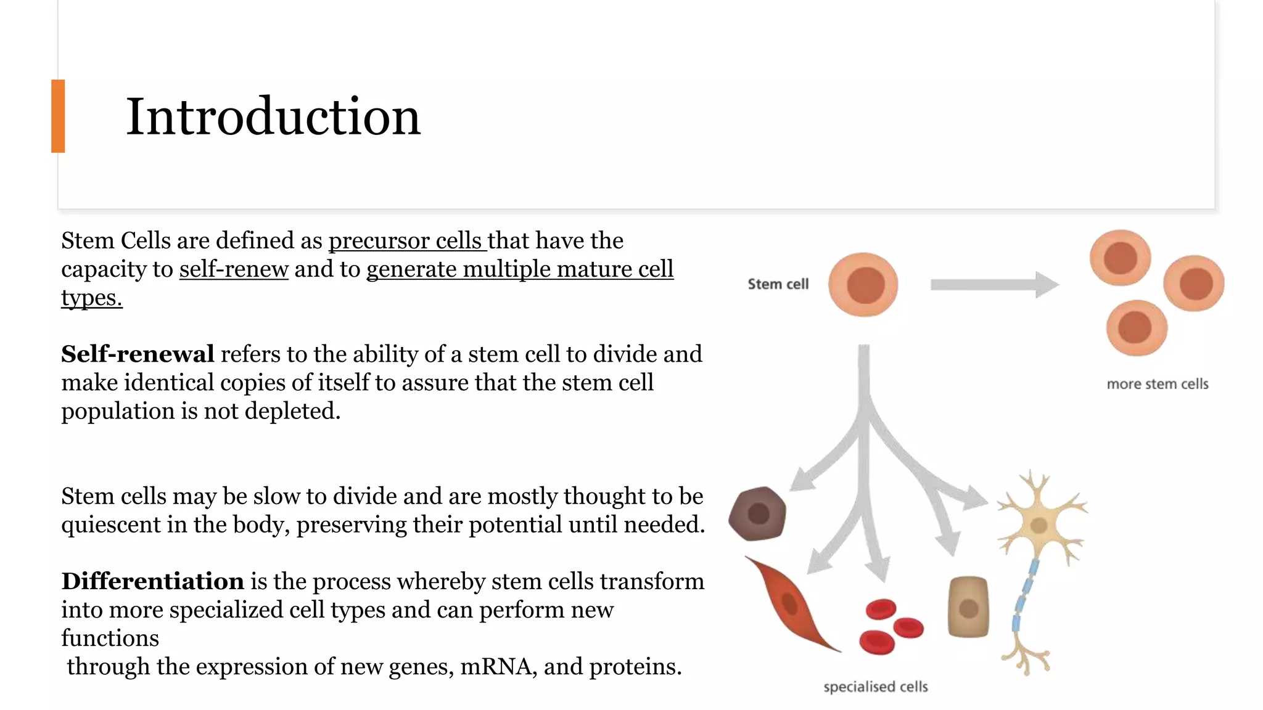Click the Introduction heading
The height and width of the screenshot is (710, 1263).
coord(273,116)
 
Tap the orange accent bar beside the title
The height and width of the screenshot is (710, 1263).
coord(58,116)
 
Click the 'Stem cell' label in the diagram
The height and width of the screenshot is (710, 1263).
coord(778,284)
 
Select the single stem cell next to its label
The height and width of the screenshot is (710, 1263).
coord(863,285)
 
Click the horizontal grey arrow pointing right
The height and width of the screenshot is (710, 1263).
coord(993,284)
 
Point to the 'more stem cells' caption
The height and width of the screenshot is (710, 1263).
coord(1157,384)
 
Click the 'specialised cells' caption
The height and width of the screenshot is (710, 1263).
coord(875,687)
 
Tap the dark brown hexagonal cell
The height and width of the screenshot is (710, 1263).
coord(757,513)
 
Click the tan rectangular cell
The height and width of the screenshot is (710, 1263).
coord(968,607)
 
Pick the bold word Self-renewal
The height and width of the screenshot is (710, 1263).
coord(138,354)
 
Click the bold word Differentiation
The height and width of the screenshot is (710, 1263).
coord(152,581)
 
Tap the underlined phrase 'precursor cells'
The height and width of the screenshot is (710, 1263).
coord(406,240)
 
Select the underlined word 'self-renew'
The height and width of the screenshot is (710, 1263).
coord(234,269)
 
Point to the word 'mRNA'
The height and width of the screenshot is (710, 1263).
coord(497,667)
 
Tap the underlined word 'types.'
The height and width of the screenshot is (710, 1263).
coord(92,298)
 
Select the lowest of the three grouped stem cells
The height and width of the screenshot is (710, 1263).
coord(1136,327)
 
